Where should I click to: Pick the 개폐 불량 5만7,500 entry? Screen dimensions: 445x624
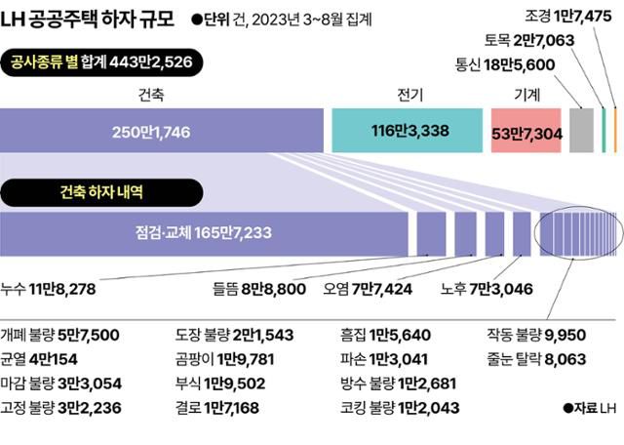pyautogui.click(x=60, y=336)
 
